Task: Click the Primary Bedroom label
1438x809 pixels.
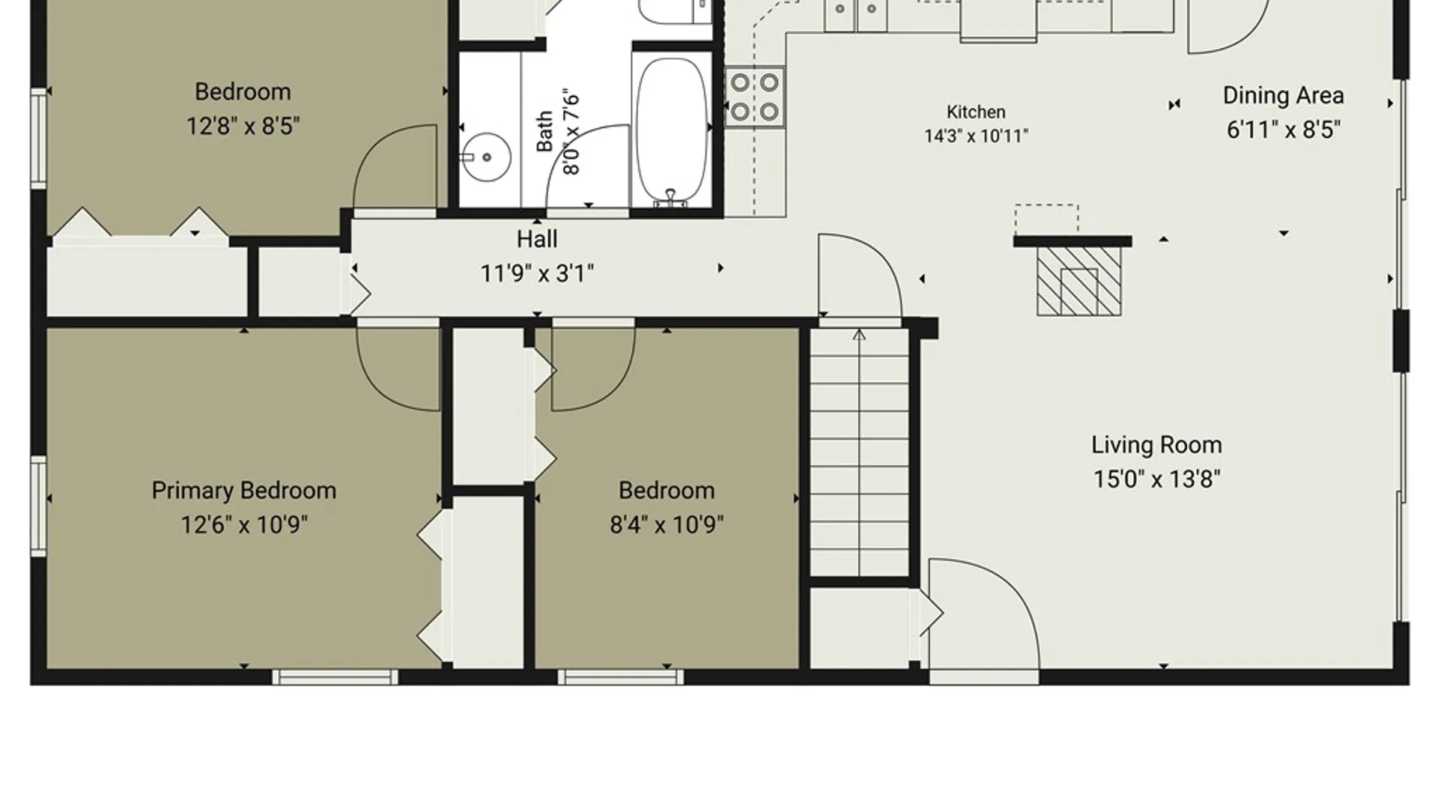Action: [243, 491]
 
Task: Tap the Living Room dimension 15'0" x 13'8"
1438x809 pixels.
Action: [1156, 479]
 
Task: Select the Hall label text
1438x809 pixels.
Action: [537, 239]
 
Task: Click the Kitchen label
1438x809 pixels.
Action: [976, 112]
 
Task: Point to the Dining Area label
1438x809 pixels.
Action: [1283, 95]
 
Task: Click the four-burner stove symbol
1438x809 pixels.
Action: [755, 97]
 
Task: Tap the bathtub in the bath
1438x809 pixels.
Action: [672, 130]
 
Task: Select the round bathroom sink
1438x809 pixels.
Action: [485, 157]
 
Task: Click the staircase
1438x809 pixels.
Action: [859, 452]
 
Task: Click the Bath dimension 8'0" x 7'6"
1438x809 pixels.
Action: [571, 133]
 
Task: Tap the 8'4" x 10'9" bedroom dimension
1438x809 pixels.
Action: [667, 524]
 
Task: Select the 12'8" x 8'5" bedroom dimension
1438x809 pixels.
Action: [243, 126]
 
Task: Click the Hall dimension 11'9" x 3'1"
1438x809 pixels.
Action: [537, 273]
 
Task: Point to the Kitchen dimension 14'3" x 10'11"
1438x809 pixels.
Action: [976, 136]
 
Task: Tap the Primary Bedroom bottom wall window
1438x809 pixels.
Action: [335, 677]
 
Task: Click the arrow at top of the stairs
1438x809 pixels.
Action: [859, 335]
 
